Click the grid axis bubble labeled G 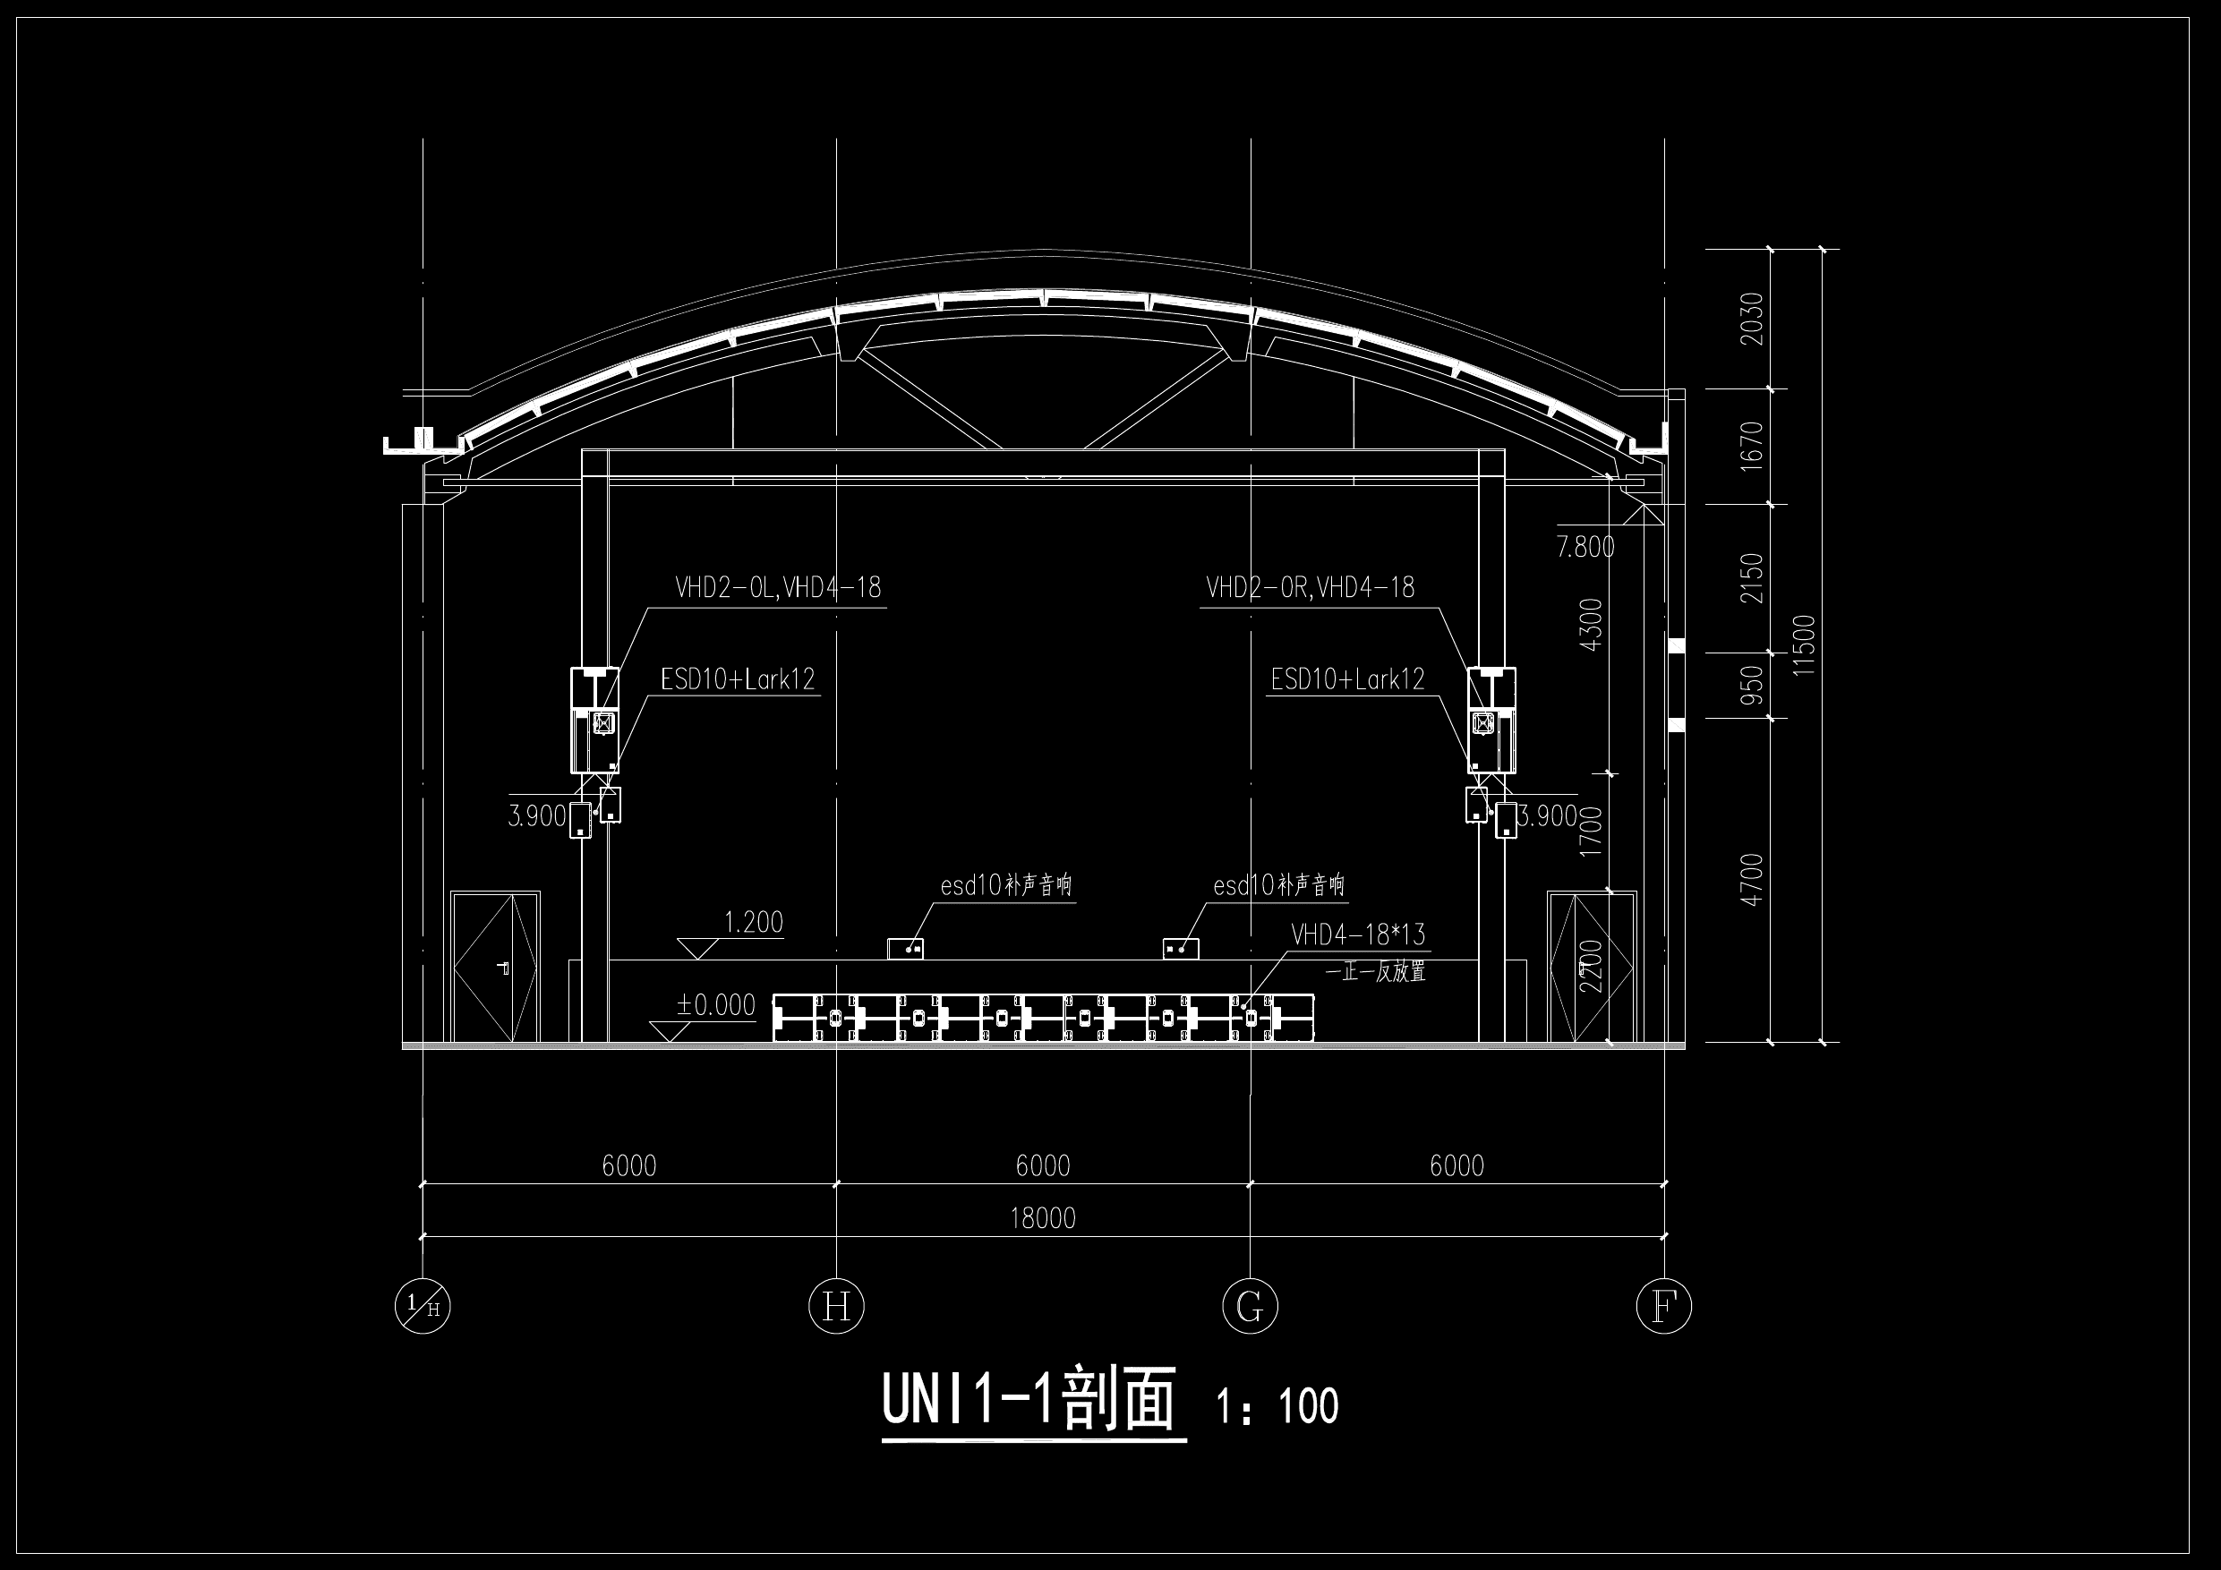pyautogui.click(x=1250, y=1307)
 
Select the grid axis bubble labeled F pyautogui.click(x=1664, y=1307)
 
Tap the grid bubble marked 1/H pyautogui.click(x=423, y=1307)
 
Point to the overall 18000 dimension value pyautogui.click(x=1043, y=1218)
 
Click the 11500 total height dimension pyautogui.click(x=1805, y=645)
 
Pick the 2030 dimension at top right pyautogui.click(x=1752, y=319)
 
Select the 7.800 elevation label pyautogui.click(x=1585, y=548)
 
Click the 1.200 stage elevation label pyautogui.click(x=754, y=922)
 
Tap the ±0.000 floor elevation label pyautogui.click(x=716, y=1005)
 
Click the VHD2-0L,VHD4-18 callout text pyautogui.click(x=778, y=587)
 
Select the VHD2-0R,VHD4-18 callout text pyautogui.click(x=1310, y=587)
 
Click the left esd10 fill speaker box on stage pyautogui.click(x=905, y=949)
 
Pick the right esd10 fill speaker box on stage pyautogui.click(x=1181, y=949)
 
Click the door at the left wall pyautogui.click(x=495, y=968)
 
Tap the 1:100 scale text pyautogui.click(x=1277, y=1406)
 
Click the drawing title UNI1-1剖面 pyautogui.click(x=1029, y=1399)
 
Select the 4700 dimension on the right pyautogui.click(x=1752, y=880)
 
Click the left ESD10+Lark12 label pyautogui.click(x=738, y=679)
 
